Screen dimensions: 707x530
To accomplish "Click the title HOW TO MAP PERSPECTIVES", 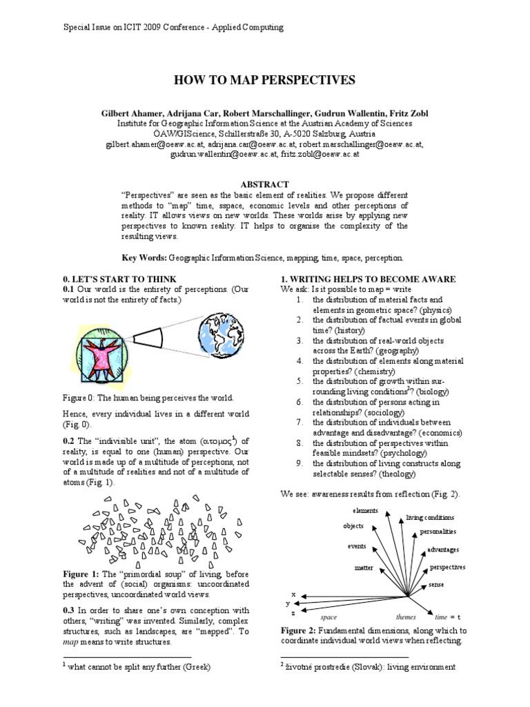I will (264, 81).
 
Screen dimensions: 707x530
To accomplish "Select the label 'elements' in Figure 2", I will (365, 510).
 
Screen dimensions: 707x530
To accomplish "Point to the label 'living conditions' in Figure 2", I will (430, 517).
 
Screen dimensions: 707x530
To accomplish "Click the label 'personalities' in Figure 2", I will (438, 532).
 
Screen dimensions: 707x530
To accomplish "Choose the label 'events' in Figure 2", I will (357, 546).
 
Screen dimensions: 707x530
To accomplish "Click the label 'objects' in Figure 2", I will (353, 526).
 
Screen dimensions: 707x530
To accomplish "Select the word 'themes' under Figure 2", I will (406, 617).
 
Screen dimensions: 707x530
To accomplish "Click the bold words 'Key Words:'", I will (146, 258).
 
